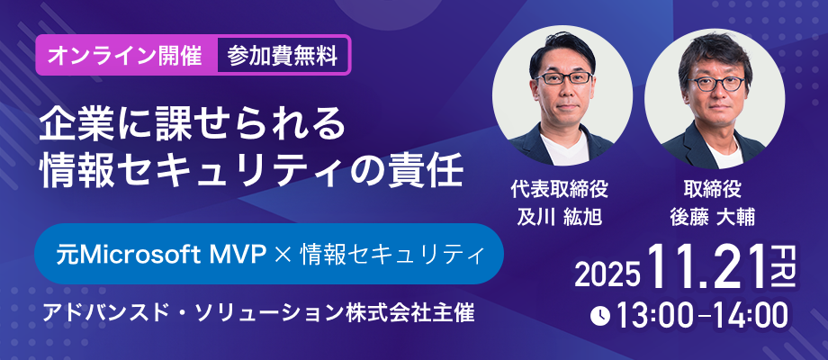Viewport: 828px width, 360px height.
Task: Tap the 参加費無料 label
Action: coord(283,57)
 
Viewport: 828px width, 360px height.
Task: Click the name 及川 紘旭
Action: coord(558,216)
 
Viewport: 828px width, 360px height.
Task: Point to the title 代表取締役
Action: coord(559,190)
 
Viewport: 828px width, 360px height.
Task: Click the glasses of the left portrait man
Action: coord(564,78)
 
